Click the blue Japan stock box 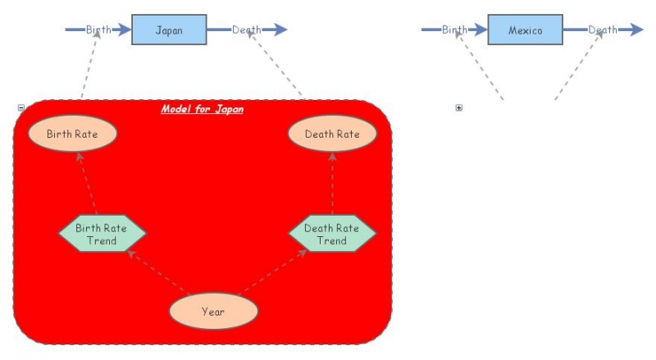click(x=169, y=30)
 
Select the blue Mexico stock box click(x=525, y=30)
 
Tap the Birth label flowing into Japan click(x=98, y=30)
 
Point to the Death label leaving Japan click(x=246, y=30)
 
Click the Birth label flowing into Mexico click(x=454, y=30)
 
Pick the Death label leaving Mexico click(x=603, y=30)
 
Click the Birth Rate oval click(x=73, y=134)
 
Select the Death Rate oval click(x=332, y=134)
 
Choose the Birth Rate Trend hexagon click(x=102, y=235)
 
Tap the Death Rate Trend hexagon click(x=332, y=235)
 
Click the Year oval click(x=213, y=312)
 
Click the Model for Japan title click(x=202, y=109)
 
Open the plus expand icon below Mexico click(x=458, y=107)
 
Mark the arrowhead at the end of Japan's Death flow click(x=280, y=30)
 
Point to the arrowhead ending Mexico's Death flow click(x=636, y=30)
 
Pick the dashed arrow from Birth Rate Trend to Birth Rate click(x=87, y=184)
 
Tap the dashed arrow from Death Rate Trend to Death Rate click(x=332, y=184)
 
